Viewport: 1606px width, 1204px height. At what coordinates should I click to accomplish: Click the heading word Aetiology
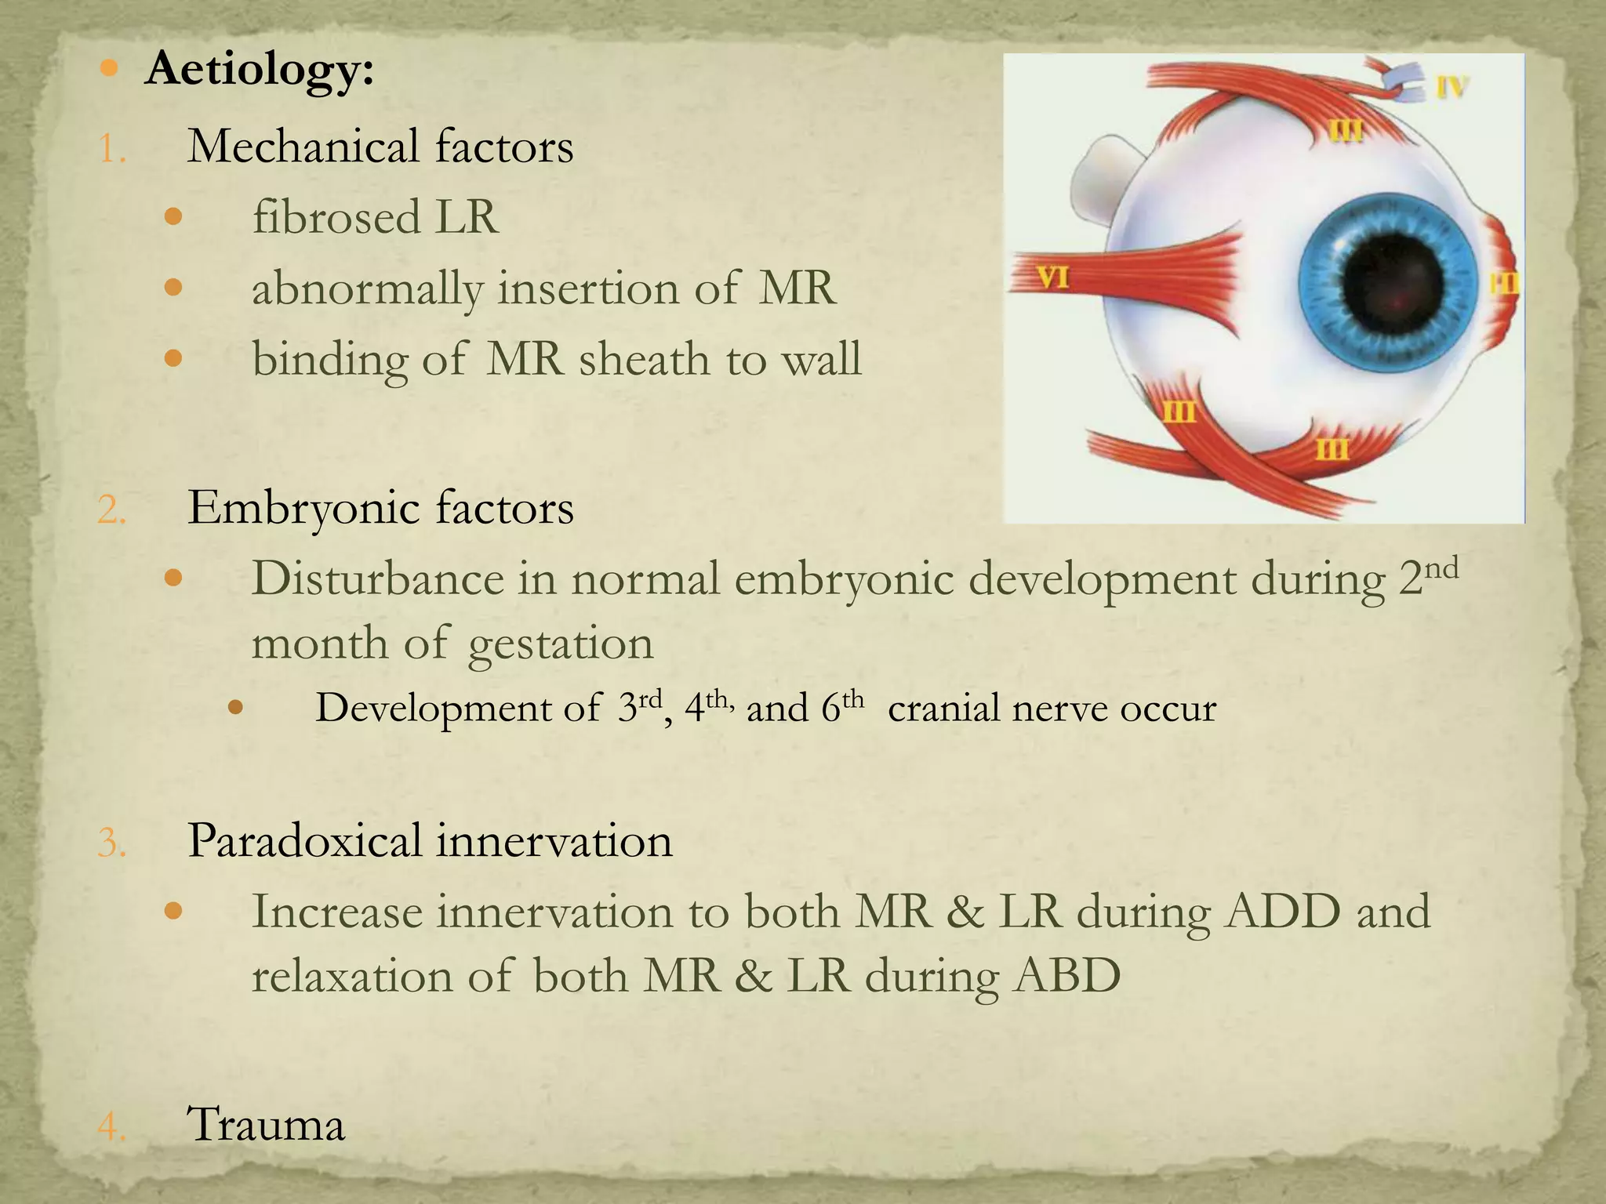tap(259, 69)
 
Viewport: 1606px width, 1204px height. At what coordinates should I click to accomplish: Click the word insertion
tap(588, 288)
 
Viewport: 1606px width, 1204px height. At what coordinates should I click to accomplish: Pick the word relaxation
tap(352, 977)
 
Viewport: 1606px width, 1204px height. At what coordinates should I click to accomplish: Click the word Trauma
tap(266, 1125)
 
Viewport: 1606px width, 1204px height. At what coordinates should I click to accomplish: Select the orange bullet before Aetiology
tap(110, 69)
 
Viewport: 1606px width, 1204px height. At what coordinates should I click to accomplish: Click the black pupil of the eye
tap(1393, 283)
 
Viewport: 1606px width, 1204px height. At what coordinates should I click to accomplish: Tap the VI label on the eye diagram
tap(1052, 277)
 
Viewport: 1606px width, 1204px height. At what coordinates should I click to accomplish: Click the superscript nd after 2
tap(1441, 567)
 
